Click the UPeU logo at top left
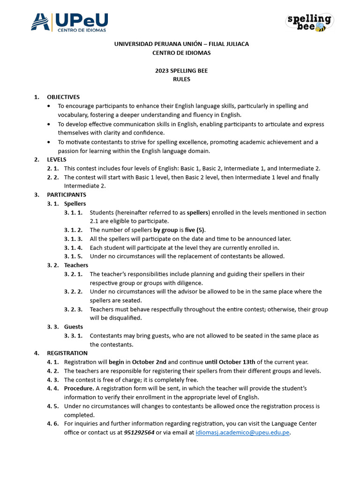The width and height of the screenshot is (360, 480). pyautogui.click(x=69, y=22)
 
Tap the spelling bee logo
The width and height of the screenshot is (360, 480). pyautogui.click(x=309, y=22)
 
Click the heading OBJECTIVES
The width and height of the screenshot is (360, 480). pyautogui.click(x=63, y=97)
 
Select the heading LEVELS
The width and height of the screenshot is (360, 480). pyautogui.click(x=57, y=159)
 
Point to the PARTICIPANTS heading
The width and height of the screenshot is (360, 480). pyautogui.click(x=67, y=195)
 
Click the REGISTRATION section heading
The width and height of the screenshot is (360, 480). pyautogui.click(x=67, y=353)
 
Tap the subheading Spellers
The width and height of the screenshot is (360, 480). pyautogui.click(x=75, y=203)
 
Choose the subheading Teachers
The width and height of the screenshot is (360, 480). pyautogui.click(x=76, y=265)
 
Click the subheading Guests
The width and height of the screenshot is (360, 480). pyautogui.click(x=74, y=327)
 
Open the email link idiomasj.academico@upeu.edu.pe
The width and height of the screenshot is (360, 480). pyautogui.click(x=242, y=433)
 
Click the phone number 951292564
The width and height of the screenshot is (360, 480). pyautogui.click(x=139, y=433)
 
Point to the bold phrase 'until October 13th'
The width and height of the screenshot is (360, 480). pyautogui.click(x=230, y=362)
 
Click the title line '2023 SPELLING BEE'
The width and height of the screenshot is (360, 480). pyautogui.click(x=181, y=71)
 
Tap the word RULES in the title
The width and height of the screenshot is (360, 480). pyautogui.click(x=181, y=79)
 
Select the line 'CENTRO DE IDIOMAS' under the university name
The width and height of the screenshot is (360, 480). pyautogui.click(x=181, y=52)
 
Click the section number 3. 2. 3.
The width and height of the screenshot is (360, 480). pyautogui.click(x=73, y=309)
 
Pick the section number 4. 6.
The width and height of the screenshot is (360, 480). pyautogui.click(x=52, y=424)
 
